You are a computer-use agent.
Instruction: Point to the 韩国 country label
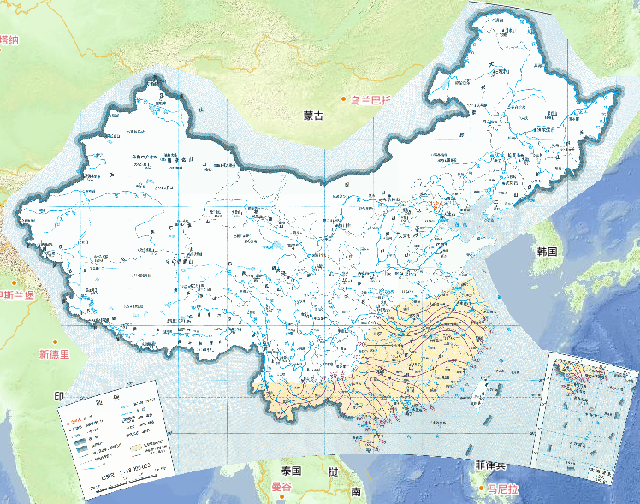pyautogui.click(x=547, y=252)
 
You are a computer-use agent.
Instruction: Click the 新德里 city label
pyautogui.click(x=52, y=353)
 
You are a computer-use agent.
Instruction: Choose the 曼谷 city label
pyautogui.click(x=282, y=488)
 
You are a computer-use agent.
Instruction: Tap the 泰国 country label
pyautogui.click(x=291, y=471)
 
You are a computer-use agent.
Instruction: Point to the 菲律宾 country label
pyautogui.click(x=491, y=465)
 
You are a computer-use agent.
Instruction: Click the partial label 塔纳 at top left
pyautogui.click(x=9, y=39)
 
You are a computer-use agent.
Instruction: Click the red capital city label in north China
pyautogui.click(x=438, y=205)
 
